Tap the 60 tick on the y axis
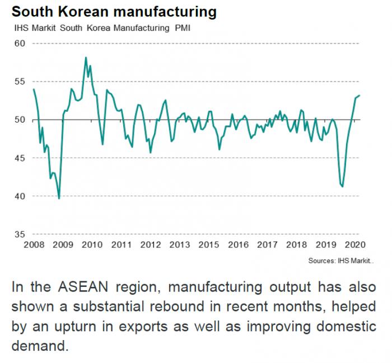point(20,44)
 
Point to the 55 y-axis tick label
point(20,82)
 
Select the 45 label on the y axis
point(20,158)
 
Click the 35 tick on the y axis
point(20,234)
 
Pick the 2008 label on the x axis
point(34,244)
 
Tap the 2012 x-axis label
point(151,244)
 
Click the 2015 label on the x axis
point(209,244)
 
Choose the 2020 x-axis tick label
point(354,244)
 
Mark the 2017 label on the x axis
point(268,244)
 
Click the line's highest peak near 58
point(86,57)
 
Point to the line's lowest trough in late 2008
point(59,198)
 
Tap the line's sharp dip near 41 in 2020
point(342,186)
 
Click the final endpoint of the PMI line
point(360,96)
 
